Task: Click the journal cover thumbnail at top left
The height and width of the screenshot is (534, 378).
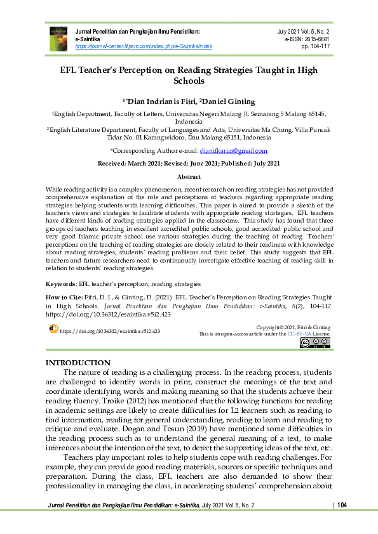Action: pos(58,38)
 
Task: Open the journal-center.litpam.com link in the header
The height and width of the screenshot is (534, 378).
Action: pos(144,46)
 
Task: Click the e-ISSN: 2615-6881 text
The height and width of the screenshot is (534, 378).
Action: pos(307,39)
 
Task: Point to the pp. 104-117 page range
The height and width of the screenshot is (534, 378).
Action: pos(316,46)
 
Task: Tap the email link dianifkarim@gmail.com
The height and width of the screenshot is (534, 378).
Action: pos(233,151)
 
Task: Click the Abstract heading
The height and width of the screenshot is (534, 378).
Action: pos(189,177)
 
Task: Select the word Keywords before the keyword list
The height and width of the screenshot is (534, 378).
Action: pos(61,284)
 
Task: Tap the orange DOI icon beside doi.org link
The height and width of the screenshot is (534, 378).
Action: pos(53,329)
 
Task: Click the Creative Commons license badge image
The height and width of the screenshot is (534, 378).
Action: pos(314,342)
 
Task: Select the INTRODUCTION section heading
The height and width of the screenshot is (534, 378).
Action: pos(78,362)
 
